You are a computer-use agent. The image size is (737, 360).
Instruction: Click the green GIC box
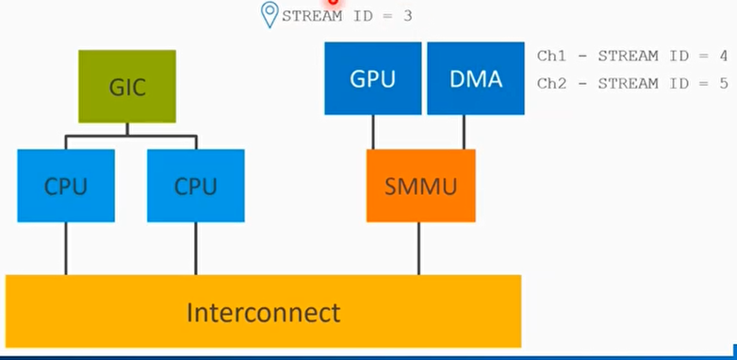coord(126,86)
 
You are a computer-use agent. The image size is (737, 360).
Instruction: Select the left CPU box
coord(65,186)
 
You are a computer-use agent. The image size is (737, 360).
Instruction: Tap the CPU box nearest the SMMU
coord(195,186)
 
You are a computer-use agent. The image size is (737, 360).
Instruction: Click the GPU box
coord(372,78)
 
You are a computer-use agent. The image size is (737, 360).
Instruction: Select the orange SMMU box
coord(420,186)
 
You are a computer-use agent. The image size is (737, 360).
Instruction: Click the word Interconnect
coord(263,312)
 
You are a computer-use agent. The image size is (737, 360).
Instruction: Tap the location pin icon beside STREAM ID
coord(270,14)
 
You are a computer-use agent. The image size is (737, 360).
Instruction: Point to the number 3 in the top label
coord(407,16)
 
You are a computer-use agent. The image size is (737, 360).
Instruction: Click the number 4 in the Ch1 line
coord(723,57)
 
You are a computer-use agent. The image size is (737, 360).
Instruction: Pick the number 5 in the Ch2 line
coord(723,83)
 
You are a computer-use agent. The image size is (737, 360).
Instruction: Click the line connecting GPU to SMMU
coord(373,132)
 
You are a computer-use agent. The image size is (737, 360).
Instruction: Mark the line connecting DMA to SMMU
coord(464,132)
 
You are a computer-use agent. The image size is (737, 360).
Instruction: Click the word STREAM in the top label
coord(312,16)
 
